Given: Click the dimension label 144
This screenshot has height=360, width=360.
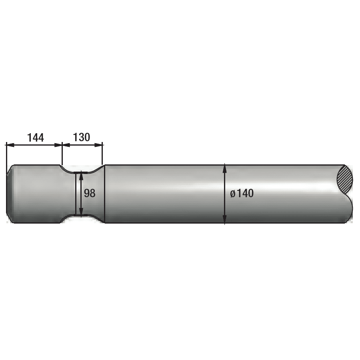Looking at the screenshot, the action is pos(35,138).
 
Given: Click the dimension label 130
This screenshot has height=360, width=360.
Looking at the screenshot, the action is pos(82,137).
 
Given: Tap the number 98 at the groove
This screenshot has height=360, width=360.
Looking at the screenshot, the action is pos(90,193).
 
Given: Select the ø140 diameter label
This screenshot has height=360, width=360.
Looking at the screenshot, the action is pos(242,193).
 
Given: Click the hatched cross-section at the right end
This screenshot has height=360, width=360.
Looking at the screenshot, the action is pos(345,179).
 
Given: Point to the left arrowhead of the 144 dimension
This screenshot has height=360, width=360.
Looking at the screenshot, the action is pos(10,145).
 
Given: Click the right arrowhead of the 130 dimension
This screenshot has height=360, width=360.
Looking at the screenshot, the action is pos(98,145).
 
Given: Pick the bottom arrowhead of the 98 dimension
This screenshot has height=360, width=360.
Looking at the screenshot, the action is pos(81,212).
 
